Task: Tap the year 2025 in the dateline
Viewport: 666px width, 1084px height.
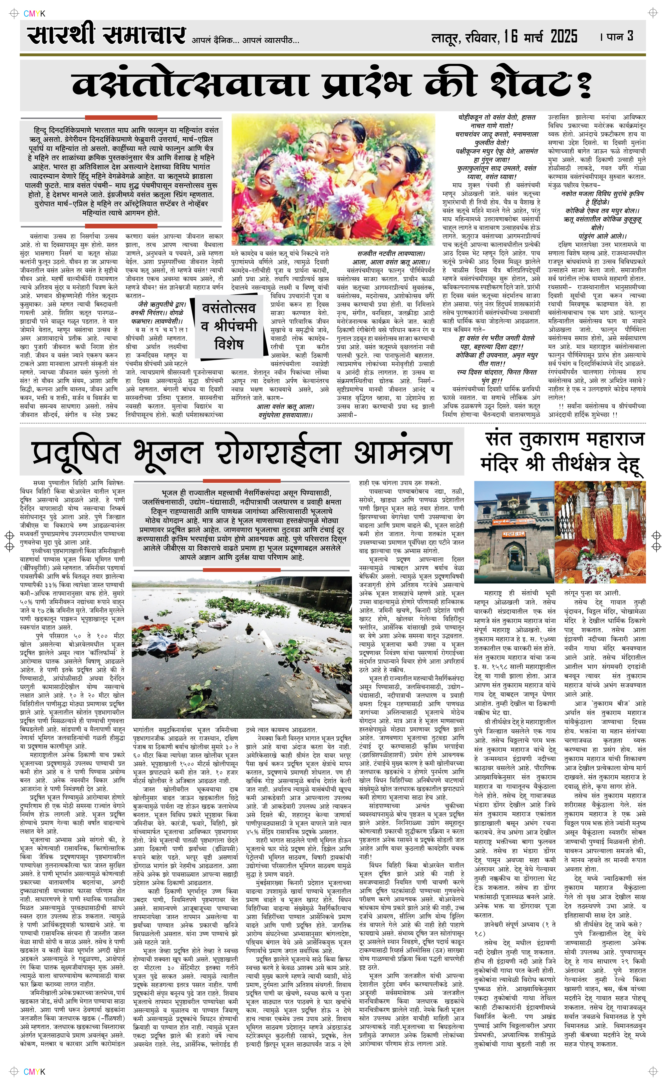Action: pos(564,37)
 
